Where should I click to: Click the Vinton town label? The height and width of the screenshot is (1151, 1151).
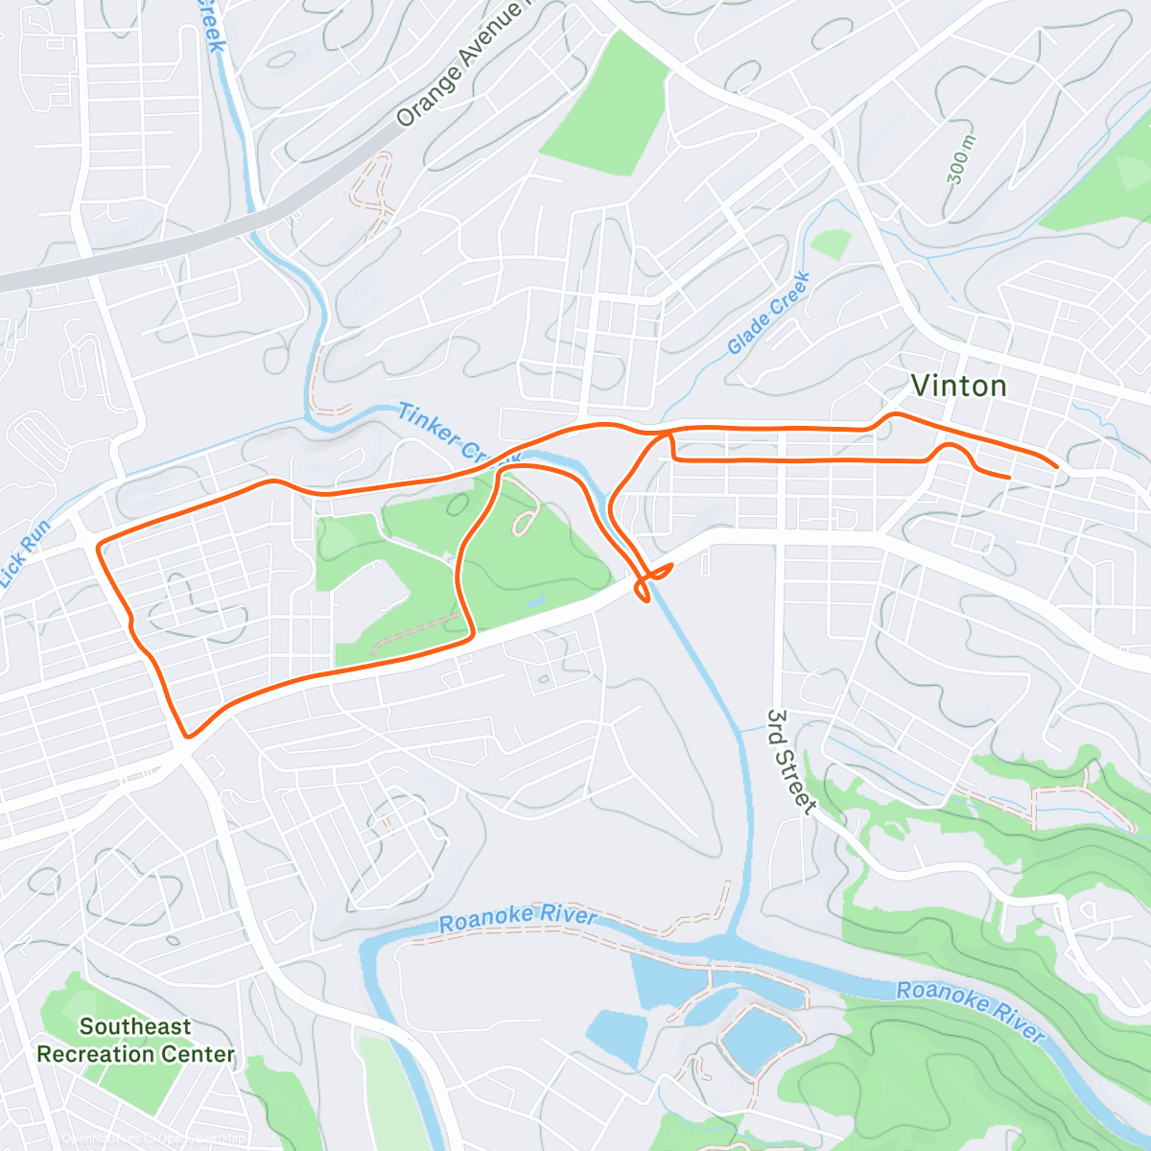pos(958,386)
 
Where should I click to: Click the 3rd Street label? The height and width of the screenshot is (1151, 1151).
pos(790,763)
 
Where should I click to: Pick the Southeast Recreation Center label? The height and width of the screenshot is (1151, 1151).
pos(135,1041)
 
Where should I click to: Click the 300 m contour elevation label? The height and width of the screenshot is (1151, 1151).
pos(960,159)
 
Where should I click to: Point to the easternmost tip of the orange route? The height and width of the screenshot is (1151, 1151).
pos(1057,467)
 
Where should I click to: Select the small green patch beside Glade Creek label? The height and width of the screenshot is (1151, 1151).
pos(831,244)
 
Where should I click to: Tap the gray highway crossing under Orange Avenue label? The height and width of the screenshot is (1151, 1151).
pos(192,240)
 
